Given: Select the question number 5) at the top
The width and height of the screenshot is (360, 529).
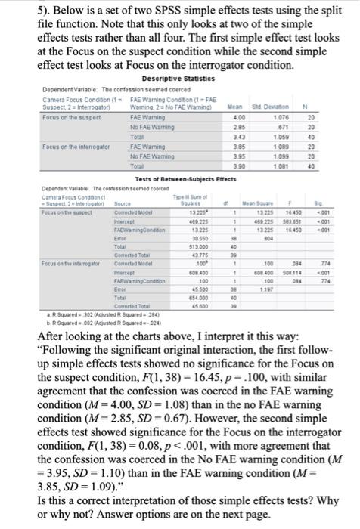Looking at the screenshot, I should click(12, 12).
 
